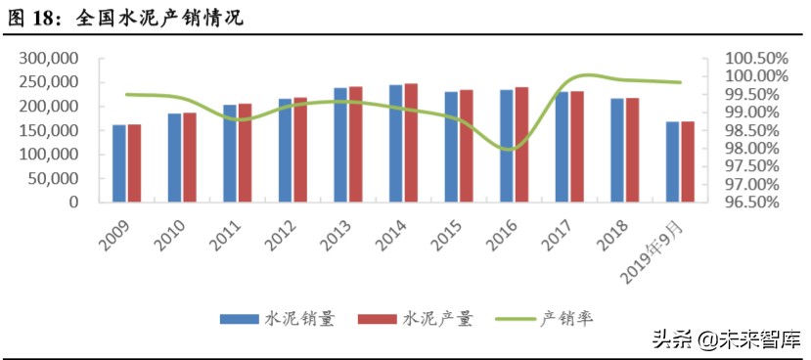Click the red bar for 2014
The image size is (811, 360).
click(411, 143)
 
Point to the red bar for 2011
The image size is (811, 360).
click(245, 153)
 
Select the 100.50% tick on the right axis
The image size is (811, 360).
click(756, 59)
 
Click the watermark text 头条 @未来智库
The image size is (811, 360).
click(725, 339)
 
